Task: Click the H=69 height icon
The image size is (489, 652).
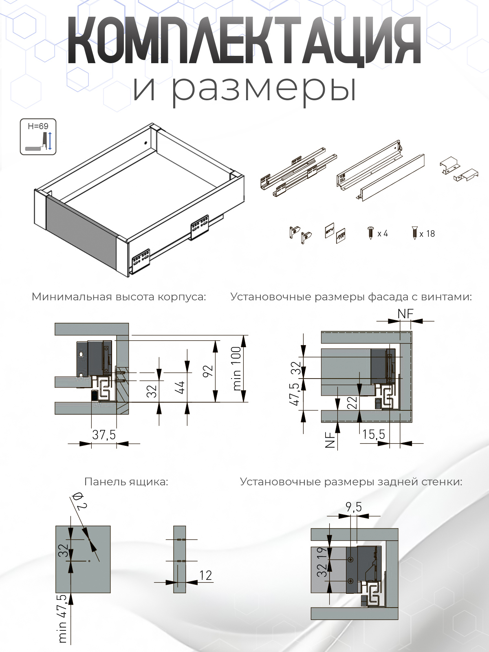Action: (38, 137)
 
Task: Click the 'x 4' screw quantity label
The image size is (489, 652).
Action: (383, 233)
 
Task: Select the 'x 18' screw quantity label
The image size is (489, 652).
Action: (427, 234)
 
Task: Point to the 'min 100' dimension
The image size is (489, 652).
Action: (237, 369)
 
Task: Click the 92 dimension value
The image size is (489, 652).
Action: (208, 371)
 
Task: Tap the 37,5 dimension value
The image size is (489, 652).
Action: (104, 435)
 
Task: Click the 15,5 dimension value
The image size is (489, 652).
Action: (373, 434)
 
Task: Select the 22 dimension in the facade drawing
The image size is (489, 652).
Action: (353, 403)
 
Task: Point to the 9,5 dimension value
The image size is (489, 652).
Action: (353, 507)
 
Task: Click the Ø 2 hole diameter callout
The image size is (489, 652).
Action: (80, 500)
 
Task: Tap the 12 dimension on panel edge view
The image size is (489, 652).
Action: (205, 575)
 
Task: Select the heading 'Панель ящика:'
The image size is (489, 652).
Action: (126, 482)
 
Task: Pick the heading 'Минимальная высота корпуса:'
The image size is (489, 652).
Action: (119, 297)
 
